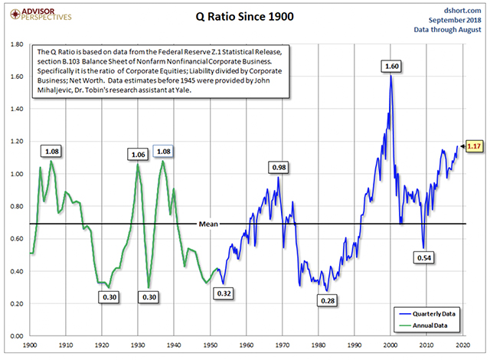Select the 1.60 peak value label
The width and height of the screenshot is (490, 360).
(391, 67)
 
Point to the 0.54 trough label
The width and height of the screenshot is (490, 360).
(423, 259)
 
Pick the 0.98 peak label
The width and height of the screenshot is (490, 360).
(278, 167)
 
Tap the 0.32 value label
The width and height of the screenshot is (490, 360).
(224, 293)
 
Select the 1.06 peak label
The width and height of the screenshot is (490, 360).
(138, 155)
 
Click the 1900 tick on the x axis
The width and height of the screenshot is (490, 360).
(31, 345)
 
